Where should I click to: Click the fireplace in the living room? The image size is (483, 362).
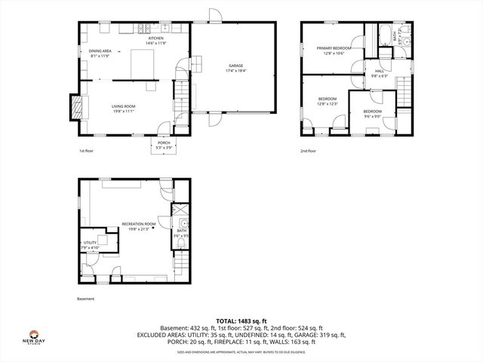pos(76,106)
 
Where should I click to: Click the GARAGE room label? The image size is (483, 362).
pos(235,66)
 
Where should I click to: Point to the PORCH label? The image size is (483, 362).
pos(164,143)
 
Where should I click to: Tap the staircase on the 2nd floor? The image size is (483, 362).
pos(405,95)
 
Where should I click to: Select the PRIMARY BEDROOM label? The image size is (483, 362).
pos(334,48)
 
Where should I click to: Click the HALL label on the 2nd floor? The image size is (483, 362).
pos(379,71)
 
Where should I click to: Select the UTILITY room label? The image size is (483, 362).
pos(90,243)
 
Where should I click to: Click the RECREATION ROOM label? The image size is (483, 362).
pos(139,224)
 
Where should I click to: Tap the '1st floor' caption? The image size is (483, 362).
pos(87,151)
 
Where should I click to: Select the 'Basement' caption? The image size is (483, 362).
pos(87,299)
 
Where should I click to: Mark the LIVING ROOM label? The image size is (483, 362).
pos(122,106)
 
